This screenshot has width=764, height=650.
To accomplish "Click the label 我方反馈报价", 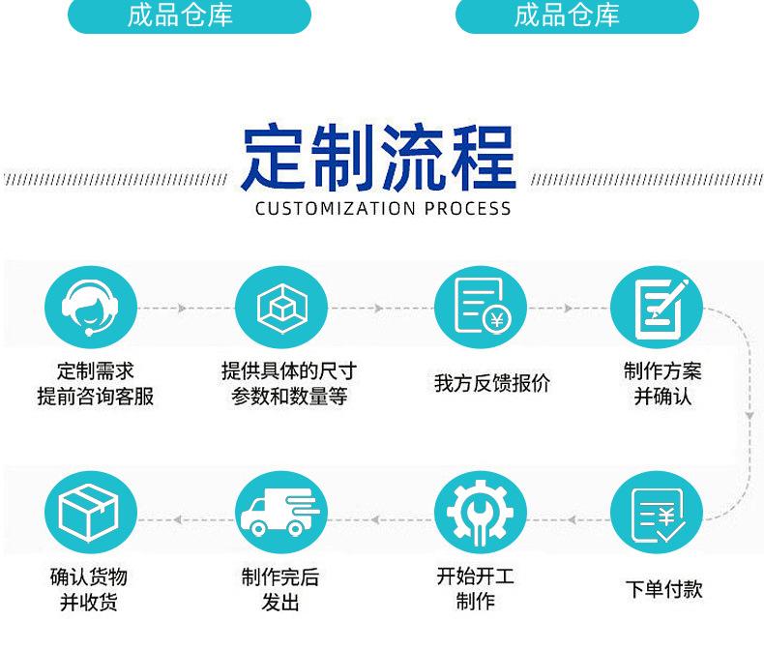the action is pyautogui.click(x=491, y=383).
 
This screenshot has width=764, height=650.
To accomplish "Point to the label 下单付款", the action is pyautogui.click(x=663, y=589).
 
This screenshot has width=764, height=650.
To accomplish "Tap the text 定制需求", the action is pyautogui.click(x=95, y=371).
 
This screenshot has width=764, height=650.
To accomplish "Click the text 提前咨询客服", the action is pyautogui.click(x=95, y=397).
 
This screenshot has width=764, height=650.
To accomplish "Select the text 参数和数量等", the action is pyautogui.click(x=288, y=397).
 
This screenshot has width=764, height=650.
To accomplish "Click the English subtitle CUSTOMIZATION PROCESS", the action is pyautogui.click(x=383, y=208).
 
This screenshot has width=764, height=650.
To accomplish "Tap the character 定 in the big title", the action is pyautogui.click(x=274, y=158).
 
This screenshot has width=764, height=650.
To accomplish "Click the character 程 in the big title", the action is pyautogui.click(x=483, y=158).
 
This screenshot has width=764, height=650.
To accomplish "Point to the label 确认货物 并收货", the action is pyautogui.click(x=89, y=590).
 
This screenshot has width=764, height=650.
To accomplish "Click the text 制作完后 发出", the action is pyautogui.click(x=279, y=590).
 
